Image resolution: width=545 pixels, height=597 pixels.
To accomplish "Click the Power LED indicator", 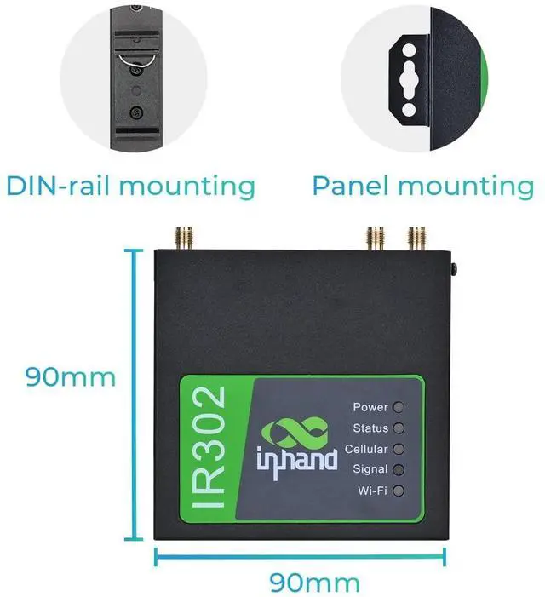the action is tap(398, 407).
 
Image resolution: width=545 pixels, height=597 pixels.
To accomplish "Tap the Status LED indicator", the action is tap(398, 428).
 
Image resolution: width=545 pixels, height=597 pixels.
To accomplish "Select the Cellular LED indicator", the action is tap(398, 449).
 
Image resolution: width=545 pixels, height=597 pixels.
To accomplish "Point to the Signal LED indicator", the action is tap(398, 469).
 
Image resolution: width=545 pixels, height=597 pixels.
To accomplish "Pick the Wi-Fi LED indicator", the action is tap(398, 490).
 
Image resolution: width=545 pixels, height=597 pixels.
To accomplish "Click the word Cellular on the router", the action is tap(366, 449).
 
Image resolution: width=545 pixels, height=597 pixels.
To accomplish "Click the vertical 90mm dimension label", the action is tap(70, 376).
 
